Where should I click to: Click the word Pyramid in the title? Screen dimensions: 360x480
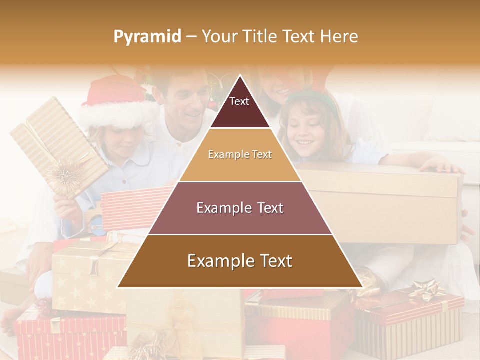tap(147, 36)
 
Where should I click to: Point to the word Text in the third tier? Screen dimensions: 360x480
tap(267, 208)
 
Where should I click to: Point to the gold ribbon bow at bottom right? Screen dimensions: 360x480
tap(426, 290)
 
